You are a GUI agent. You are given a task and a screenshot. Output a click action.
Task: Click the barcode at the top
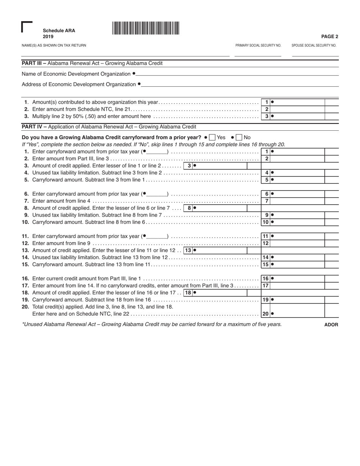pos(146,28)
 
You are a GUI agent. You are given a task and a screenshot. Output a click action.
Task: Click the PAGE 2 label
pos(330,37)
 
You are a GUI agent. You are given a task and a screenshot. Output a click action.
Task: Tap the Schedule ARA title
pos(59,31)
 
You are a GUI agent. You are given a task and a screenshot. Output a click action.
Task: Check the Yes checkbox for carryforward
pos(213,138)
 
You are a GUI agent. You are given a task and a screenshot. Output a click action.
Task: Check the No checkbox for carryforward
pos(239,138)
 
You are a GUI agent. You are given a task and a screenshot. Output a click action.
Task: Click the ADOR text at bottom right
pos(331,325)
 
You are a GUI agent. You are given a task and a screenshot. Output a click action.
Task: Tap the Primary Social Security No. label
pos(258,45)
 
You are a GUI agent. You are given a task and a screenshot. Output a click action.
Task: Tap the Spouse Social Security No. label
pos(314,45)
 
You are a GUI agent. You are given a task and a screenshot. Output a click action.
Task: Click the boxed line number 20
pos(266,314)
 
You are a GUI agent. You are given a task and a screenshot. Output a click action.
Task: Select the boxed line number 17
pos(266,286)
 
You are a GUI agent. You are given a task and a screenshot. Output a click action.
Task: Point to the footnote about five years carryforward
pos(152,324)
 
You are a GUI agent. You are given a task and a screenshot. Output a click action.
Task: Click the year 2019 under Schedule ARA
pos(48,37)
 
